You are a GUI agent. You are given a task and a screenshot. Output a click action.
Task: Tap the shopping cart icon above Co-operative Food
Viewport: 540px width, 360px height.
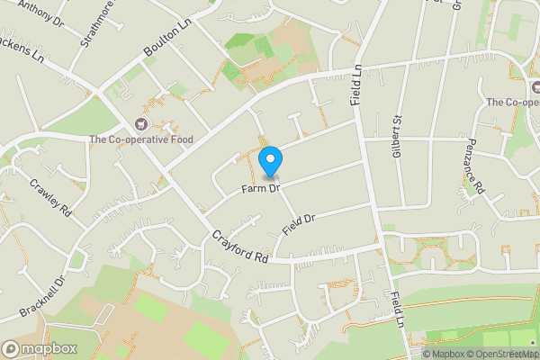pos(139,123)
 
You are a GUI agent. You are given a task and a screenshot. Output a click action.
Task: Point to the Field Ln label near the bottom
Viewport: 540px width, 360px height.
pos(395,308)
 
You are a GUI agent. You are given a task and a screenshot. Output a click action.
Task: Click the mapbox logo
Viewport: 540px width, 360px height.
pos(40,348)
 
